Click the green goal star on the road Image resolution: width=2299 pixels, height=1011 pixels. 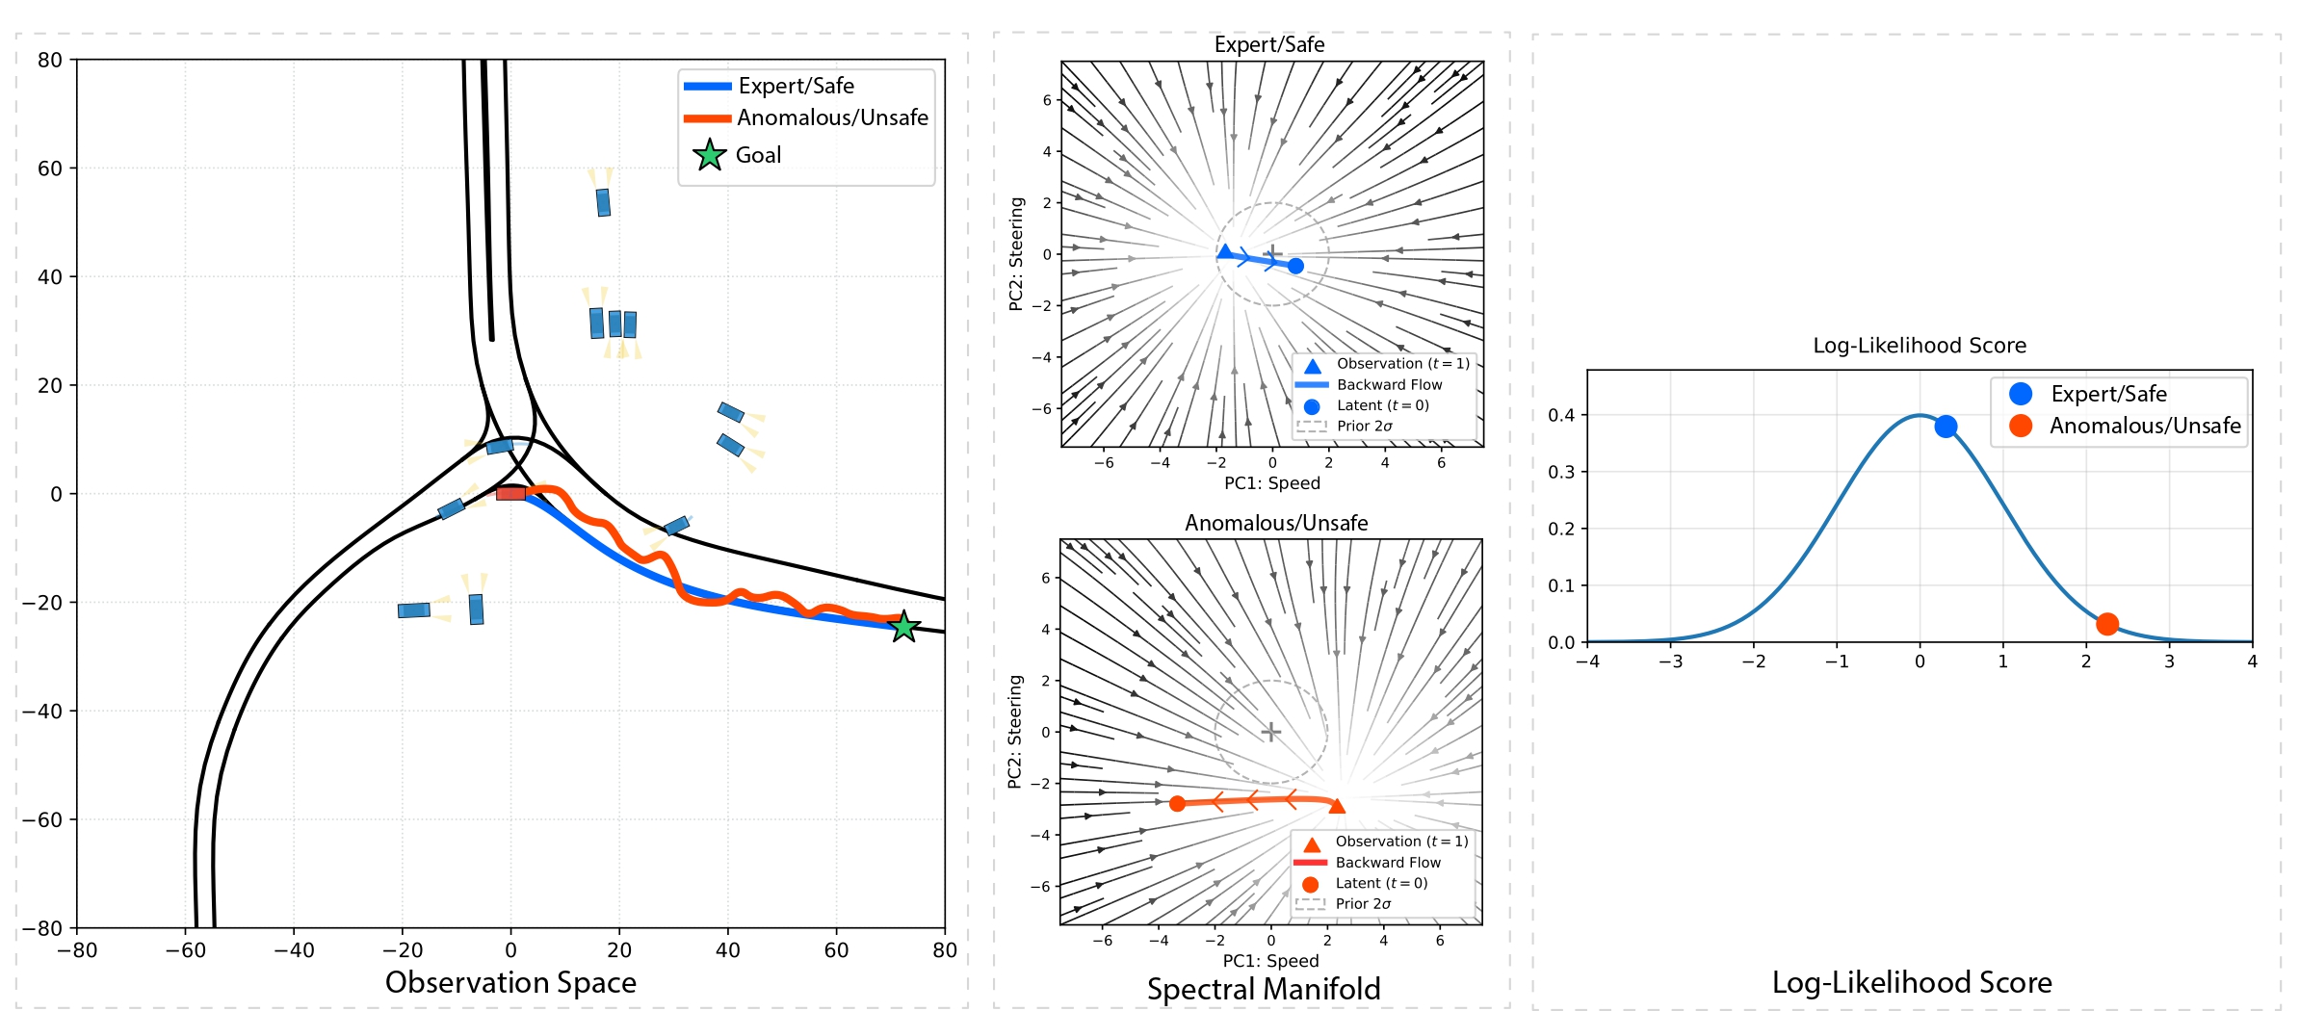[903, 627]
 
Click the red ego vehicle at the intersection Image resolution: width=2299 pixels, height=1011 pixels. [510, 493]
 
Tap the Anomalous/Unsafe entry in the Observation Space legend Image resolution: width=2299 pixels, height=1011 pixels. [831, 117]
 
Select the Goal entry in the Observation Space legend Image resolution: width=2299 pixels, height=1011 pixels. [758, 155]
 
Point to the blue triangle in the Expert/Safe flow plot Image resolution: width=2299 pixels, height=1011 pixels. [1224, 252]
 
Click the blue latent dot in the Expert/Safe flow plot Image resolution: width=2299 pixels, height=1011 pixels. [1295, 266]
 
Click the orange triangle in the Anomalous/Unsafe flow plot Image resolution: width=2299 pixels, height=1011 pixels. [1336, 806]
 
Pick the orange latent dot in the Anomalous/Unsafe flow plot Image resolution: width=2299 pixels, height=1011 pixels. [1177, 803]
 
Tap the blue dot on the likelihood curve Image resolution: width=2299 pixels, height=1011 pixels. [1946, 426]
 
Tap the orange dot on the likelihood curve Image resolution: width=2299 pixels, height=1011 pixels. [2106, 624]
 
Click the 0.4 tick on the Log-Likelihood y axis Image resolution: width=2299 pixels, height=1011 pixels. [1560, 415]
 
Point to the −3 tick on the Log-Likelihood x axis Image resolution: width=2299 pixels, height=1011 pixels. [1670, 661]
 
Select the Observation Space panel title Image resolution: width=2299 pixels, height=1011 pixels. [510, 982]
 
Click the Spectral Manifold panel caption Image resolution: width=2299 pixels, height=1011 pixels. [1263, 989]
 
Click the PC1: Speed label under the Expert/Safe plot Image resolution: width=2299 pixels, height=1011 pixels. [1271, 483]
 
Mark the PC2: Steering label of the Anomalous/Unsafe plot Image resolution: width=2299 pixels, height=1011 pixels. [1014, 732]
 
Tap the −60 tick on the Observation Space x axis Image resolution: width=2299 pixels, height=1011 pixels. [185, 950]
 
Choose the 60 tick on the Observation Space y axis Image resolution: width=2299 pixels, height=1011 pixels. [50, 168]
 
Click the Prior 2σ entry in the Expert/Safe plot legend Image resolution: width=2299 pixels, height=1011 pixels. [1364, 426]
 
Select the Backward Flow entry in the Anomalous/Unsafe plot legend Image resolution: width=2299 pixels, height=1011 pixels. [1387, 863]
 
